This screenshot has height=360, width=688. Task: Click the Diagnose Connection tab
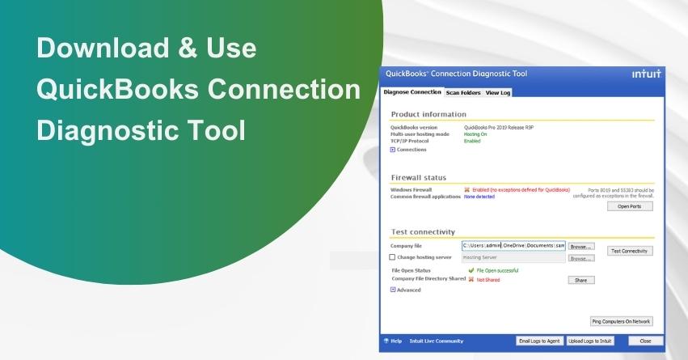pos(412,92)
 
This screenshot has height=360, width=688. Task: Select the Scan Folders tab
pos(463,92)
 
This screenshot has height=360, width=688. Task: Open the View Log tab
pos(498,92)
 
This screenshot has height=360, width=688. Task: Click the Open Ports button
pos(629,206)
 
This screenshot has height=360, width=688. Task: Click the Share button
pos(580,280)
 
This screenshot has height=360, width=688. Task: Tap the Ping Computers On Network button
pos(621,321)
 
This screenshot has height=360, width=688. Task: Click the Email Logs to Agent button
pos(539,341)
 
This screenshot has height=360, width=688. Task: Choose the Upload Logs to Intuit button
pos(590,341)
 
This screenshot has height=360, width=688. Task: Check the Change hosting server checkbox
pos(393,257)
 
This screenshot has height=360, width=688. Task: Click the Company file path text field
pos(513,245)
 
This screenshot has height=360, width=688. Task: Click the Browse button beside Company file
pos(580,246)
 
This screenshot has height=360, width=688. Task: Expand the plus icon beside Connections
pos(393,150)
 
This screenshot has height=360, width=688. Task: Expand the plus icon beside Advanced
pos(393,290)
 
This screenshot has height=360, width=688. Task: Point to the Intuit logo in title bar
pos(646,74)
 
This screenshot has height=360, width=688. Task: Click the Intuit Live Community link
pos(435,341)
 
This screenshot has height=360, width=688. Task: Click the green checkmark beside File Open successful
pos(471,270)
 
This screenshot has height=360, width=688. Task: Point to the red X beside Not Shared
pos(471,280)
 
